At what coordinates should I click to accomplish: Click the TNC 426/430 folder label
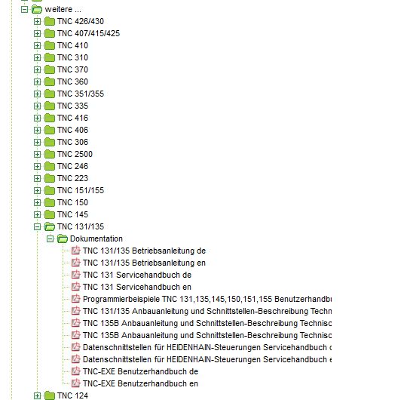(81, 21)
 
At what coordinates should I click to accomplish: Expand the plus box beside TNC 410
(37, 45)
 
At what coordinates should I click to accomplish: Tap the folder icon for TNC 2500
(50, 154)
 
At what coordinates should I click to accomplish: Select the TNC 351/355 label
(81, 94)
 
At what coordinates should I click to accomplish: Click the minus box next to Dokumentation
(50, 238)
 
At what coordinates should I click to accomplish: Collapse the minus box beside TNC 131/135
(37, 227)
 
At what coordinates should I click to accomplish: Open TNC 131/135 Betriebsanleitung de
(144, 251)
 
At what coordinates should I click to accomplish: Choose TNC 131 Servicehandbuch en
(137, 287)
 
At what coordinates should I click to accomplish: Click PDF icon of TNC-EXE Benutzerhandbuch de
(76, 371)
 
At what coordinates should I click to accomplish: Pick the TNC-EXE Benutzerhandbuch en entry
(140, 383)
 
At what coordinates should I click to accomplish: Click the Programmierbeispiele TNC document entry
(207, 299)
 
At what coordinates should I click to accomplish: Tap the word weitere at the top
(59, 9)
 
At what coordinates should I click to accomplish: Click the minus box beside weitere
(24, 10)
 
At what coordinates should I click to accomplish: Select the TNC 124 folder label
(72, 395)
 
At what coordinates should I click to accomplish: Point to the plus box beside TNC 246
(37, 166)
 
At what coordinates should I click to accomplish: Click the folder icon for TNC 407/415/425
(50, 33)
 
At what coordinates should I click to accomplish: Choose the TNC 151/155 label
(81, 190)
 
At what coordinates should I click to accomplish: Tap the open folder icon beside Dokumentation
(63, 238)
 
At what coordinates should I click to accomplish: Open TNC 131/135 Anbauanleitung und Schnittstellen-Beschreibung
(207, 311)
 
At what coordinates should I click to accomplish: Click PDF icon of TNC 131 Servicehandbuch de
(76, 275)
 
